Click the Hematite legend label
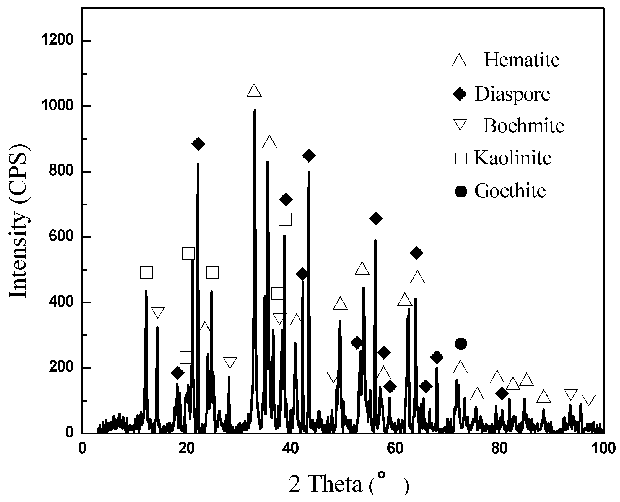522,60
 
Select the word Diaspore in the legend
512,94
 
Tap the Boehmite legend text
524,126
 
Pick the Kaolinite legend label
513,158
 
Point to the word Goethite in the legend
510,191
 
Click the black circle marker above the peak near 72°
461,344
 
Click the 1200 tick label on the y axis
57,40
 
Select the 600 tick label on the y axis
61,236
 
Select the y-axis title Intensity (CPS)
19,221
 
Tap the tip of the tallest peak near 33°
255,110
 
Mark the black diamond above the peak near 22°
198,144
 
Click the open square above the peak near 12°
146,272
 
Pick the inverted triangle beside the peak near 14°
158,313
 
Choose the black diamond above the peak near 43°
308,156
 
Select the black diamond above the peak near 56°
376,218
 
